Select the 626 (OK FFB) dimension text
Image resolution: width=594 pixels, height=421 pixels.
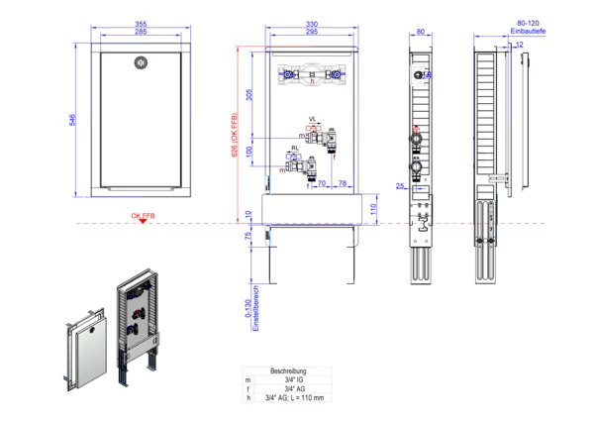pos(234,139)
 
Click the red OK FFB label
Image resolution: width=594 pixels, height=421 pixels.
pos(144,215)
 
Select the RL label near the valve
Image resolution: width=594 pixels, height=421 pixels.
pos(281,147)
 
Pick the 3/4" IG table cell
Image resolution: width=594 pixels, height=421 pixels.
pos(294,379)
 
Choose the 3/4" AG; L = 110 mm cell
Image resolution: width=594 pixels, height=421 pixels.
pos(294,398)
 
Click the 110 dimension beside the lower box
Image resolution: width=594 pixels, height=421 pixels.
pos(374,209)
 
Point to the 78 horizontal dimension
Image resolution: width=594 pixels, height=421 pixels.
pos(342,184)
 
